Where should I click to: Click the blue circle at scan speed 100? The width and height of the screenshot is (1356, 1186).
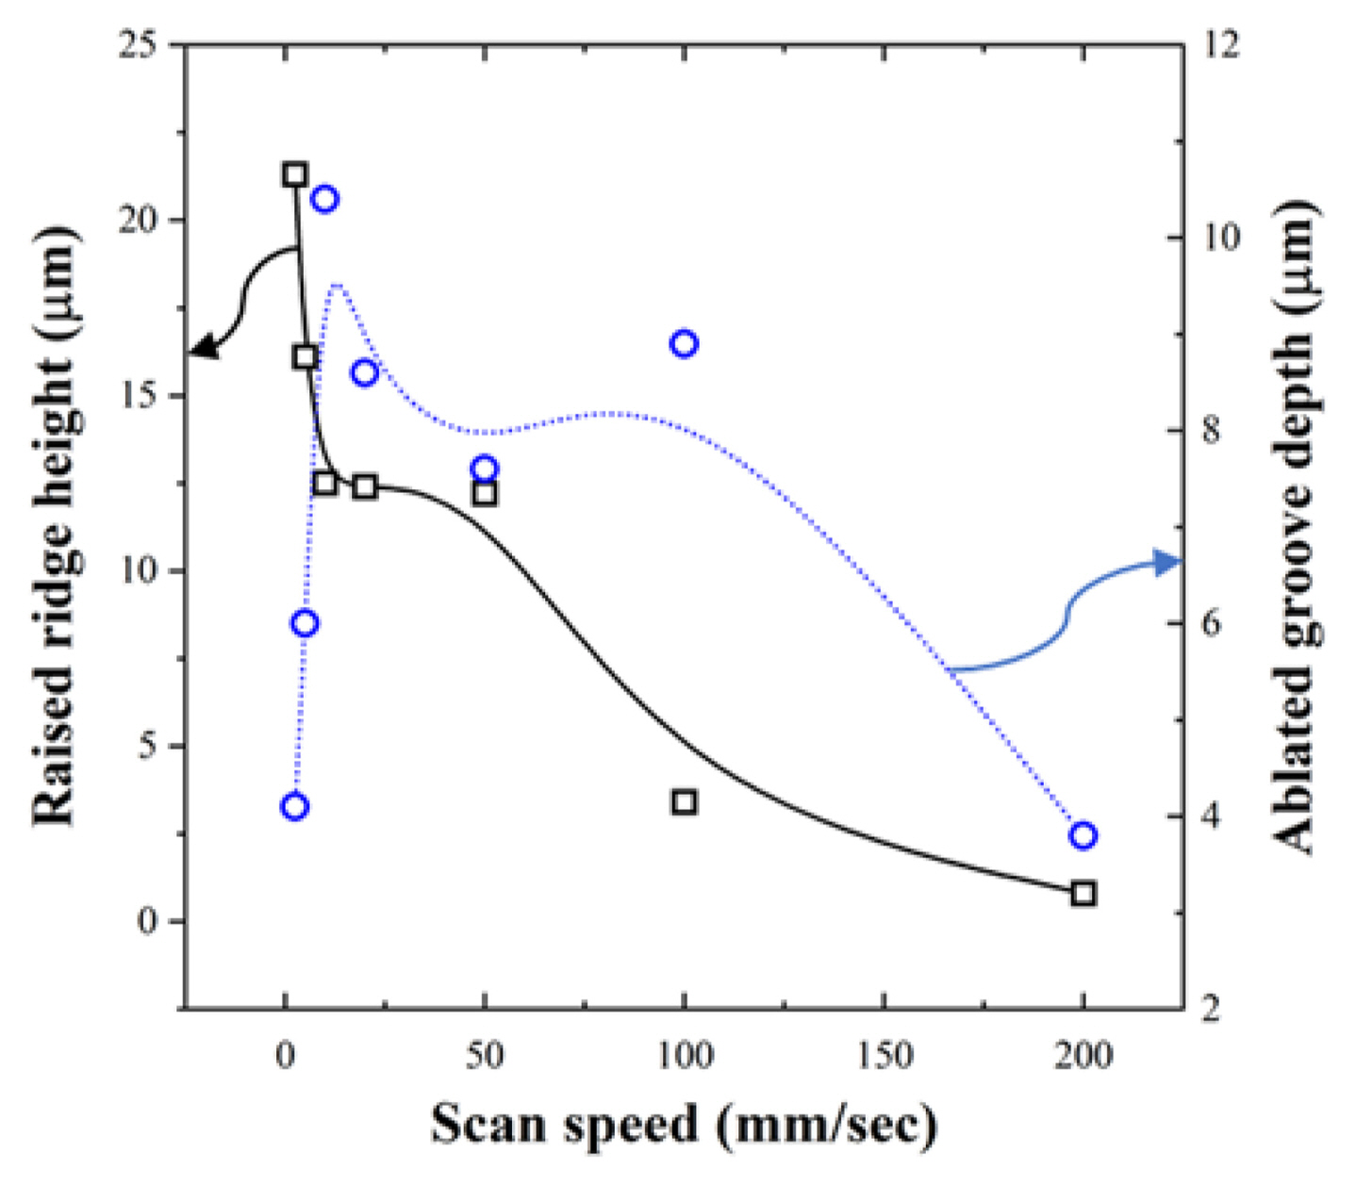pyautogui.click(x=684, y=344)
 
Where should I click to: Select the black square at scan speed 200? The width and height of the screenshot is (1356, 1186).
pyautogui.click(x=1083, y=893)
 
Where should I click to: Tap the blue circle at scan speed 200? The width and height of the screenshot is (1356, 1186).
pyautogui.click(x=1083, y=835)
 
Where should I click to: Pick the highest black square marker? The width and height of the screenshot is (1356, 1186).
pyautogui.click(x=295, y=174)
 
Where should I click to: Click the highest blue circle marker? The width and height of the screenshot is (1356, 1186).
pyautogui.click(x=325, y=199)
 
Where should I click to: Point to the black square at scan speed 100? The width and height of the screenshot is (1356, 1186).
pyautogui.click(x=685, y=802)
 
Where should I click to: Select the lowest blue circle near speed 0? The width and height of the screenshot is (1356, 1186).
pyautogui.click(x=295, y=806)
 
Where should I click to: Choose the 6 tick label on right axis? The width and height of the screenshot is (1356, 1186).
pyautogui.click(x=1211, y=623)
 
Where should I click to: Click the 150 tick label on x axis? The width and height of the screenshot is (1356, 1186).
pyautogui.click(x=885, y=1055)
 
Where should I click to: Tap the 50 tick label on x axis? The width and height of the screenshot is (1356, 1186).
pyautogui.click(x=485, y=1055)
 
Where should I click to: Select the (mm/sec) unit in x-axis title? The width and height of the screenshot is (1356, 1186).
pyautogui.click(x=826, y=1125)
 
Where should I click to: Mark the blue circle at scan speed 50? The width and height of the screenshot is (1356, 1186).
pyautogui.click(x=485, y=469)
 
